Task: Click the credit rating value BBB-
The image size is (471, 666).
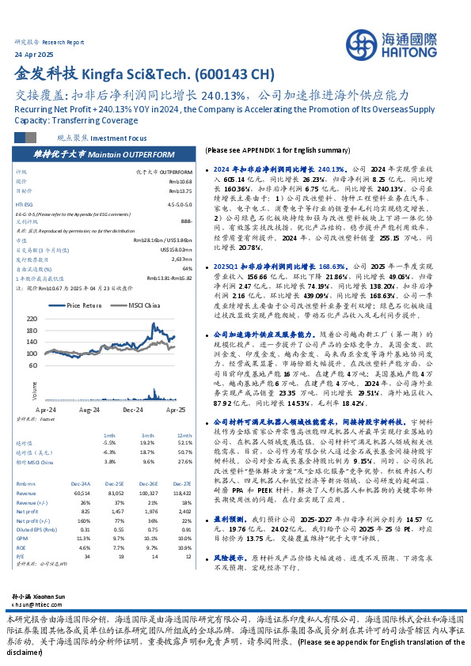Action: tap(186, 221)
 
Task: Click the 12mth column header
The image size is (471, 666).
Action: tap(184, 435)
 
